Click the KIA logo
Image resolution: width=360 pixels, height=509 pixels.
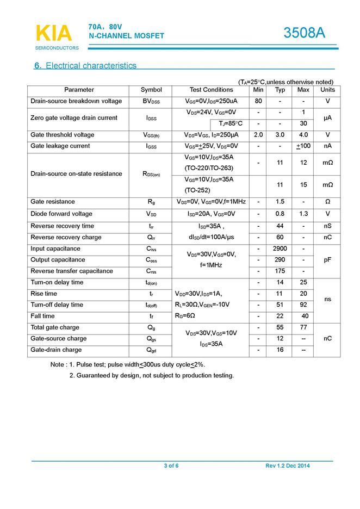(53, 34)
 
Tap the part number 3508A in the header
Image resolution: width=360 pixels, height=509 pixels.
(304, 33)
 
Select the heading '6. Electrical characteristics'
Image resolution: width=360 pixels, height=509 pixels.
(85, 66)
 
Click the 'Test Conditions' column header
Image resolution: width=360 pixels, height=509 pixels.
(211, 90)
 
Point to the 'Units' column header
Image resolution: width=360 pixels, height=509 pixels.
(327, 90)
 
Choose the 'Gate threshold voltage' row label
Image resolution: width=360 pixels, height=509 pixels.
(63, 135)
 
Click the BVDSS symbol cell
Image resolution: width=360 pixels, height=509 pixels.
(151, 102)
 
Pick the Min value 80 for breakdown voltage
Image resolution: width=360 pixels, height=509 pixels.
(258, 101)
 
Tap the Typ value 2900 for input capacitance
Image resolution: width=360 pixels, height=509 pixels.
(280, 249)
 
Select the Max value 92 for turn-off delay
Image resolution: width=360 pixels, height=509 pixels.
(303, 305)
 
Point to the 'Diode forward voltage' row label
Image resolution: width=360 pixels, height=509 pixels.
(61, 214)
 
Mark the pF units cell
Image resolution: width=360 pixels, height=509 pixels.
(327, 260)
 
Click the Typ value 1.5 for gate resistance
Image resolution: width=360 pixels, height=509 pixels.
(280, 202)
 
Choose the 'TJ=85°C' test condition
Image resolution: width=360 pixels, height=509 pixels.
(230, 123)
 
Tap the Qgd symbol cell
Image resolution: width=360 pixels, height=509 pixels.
(151, 350)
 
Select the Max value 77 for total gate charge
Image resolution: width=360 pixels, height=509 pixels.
(303, 327)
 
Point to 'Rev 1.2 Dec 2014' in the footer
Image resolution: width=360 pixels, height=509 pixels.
(288, 466)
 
